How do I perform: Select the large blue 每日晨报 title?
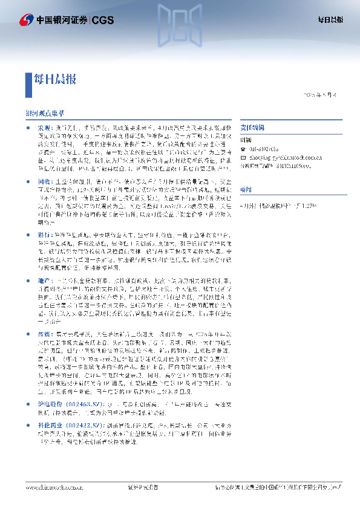[59, 79]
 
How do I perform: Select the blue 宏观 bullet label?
[45, 129]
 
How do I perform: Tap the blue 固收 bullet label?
[45, 180]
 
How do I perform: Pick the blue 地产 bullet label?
[45, 282]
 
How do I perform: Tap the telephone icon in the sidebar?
[243, 148]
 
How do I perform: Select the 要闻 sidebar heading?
[246, 187]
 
